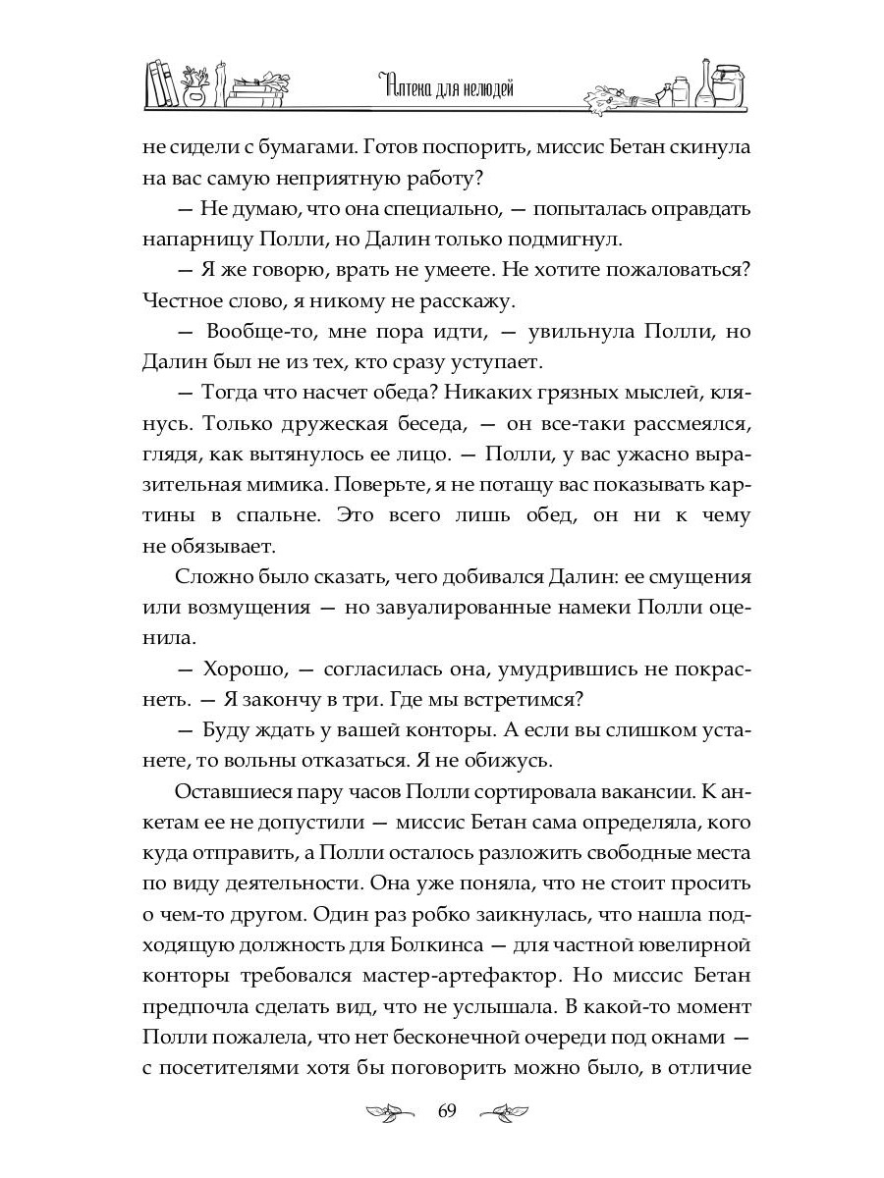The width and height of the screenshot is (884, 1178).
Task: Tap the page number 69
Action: [x=447, y=1110]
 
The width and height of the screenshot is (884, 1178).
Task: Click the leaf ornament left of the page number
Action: [x=389, y=1112]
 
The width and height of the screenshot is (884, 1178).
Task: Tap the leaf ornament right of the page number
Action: [x=505, y=1112]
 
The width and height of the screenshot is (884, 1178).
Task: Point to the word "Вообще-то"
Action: [x=254, y=331]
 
